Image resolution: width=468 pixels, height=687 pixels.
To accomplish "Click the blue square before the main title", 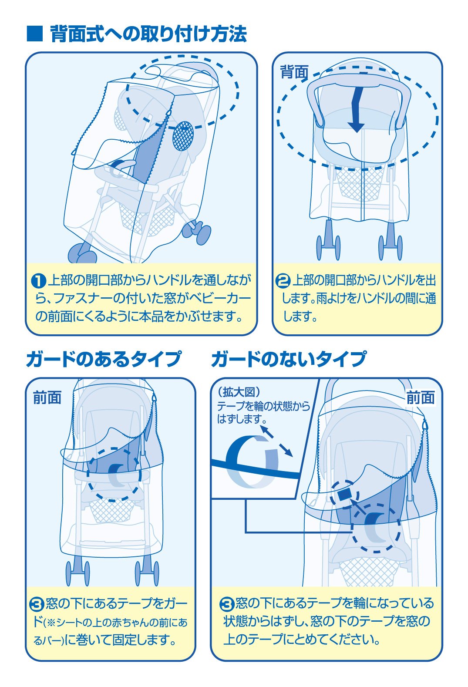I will tap(35, 34).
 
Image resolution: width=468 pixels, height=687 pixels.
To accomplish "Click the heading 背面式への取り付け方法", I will tap(148, 34).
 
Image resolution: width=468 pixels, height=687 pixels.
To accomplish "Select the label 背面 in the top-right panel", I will tap(294, 72).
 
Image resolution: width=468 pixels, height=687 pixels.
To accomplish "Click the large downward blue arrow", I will tap(356, 109).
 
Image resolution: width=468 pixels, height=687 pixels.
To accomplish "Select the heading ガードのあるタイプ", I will tap(103, 360).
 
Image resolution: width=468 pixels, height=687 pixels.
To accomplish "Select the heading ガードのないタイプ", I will tap(288, 360).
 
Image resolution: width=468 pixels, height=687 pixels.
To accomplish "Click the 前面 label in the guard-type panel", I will tap(47, 397).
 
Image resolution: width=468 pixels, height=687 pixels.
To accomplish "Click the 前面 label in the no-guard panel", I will tap(421, 397).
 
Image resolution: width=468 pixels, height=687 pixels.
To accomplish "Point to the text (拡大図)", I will tap(239, 392).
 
